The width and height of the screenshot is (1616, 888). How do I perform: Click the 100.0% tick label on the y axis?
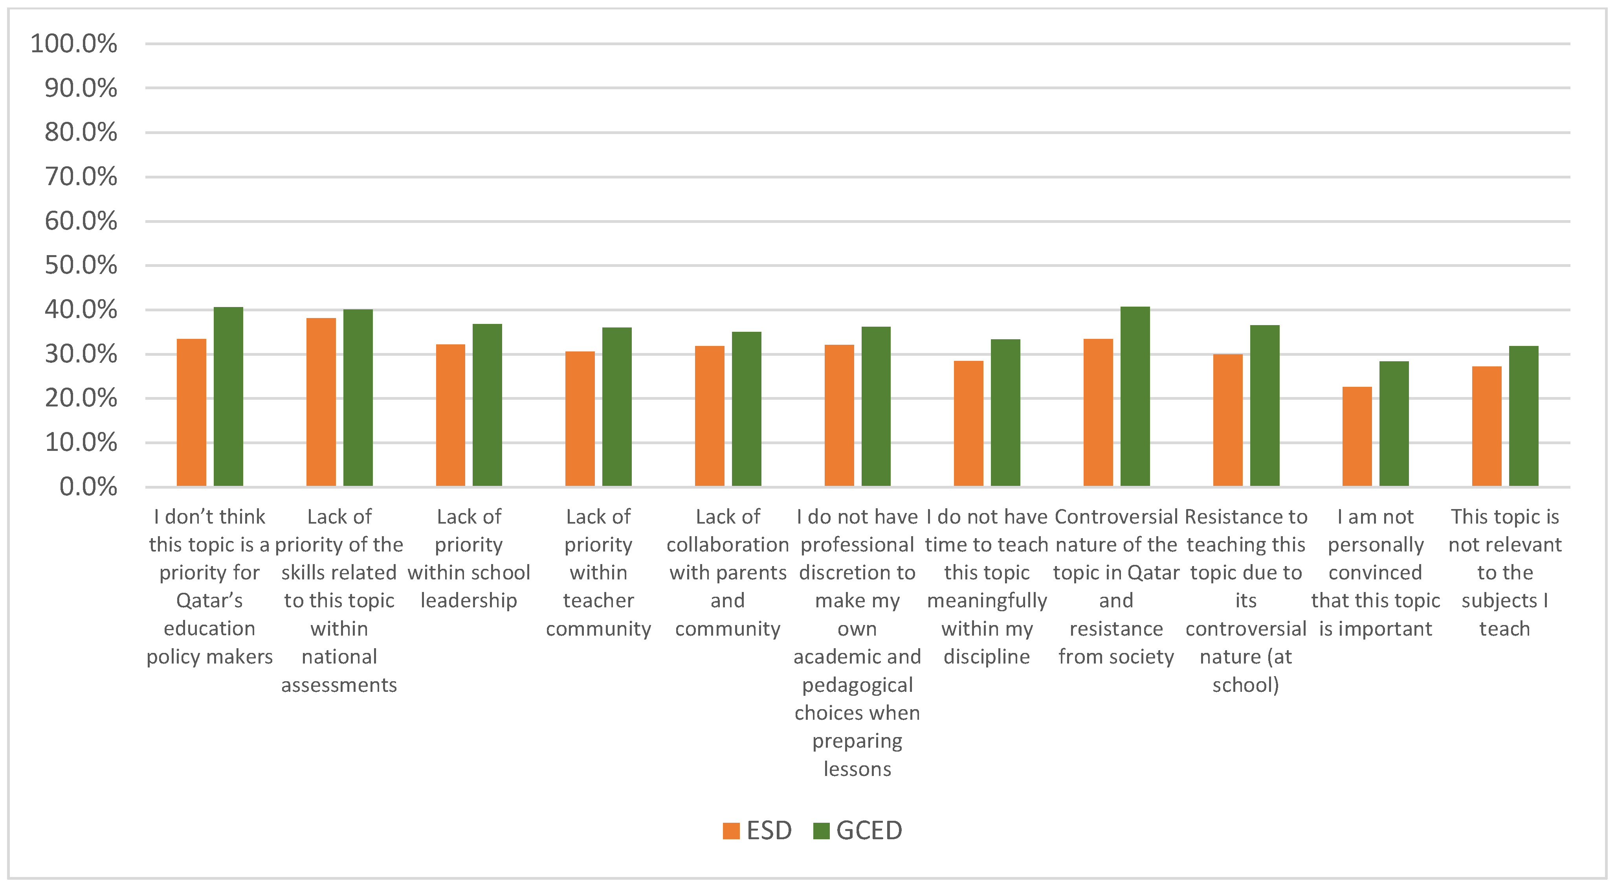pyautogui.click(x=73, y=44)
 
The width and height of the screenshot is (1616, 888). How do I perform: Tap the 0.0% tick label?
pyautogui.click(x=88, y=487)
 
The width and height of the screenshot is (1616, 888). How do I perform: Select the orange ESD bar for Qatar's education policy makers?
pyautogui.click(x=191, y=412)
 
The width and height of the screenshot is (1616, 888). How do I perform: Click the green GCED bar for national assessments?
pyautogui.click(x=358, y=398)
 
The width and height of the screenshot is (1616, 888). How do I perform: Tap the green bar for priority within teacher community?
pyautogui.click(x=617, y=407)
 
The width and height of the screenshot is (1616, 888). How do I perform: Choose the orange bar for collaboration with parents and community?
pyautogui.click(x=710, y=416)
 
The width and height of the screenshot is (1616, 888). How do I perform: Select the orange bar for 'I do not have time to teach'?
pyautogui.click(x=968, y=424)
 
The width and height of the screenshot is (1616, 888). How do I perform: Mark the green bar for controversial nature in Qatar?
pyautogui.click(x=1135, y=397)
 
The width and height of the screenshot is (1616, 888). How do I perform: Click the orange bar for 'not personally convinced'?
pyautogui.click(x=1357, y=436)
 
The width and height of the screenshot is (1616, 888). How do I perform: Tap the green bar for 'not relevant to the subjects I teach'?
pyautogui.click(x=1524, y=416)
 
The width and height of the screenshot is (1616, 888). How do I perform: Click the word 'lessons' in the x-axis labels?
pyautogui.click(x=857, y=769)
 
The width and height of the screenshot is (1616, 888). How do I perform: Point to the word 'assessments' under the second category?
pyautogui.click(x=339, y=685)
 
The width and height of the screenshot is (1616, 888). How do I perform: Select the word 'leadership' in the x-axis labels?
pyautogui.click(x=469, y=601)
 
